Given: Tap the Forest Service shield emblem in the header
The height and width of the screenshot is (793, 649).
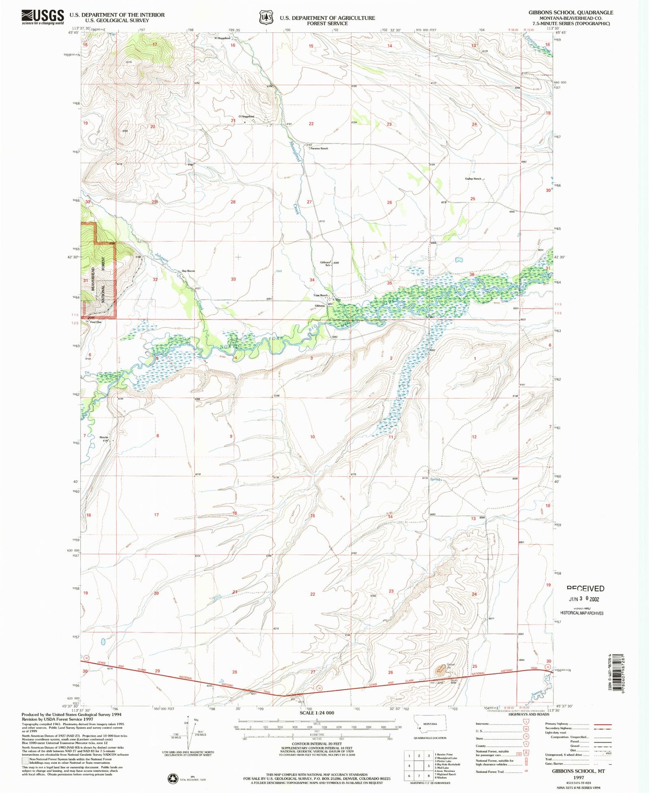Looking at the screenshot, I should coord(265,18).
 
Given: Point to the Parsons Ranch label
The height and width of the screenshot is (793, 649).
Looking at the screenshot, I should coord(319,149).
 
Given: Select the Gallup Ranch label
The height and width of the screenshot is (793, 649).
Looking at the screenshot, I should coord(473,179).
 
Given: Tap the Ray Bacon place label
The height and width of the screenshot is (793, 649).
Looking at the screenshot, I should coord(188,271).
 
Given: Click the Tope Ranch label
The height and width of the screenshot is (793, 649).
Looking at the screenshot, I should coord(320,295).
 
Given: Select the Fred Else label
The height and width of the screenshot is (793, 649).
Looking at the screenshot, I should coord(95,322).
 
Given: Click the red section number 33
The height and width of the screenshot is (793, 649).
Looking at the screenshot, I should coord(233,279).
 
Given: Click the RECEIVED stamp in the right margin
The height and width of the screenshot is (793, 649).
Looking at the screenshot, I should coord(585,588).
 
